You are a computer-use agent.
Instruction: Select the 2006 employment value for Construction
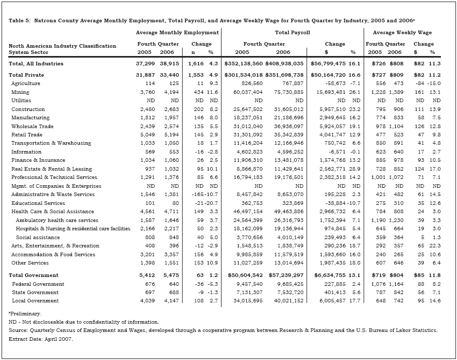click(170, 109)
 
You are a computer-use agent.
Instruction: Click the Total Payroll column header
click(292, 33)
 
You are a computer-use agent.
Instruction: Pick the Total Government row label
click(34, 275)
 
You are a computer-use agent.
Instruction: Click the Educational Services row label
click(39, 203)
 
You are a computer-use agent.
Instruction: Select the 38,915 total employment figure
click(170, 64)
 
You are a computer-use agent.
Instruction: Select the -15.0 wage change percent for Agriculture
click(433, 84)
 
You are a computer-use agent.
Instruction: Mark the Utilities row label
click(21, 101)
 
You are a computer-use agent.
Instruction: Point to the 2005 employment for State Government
click(147, 293)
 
